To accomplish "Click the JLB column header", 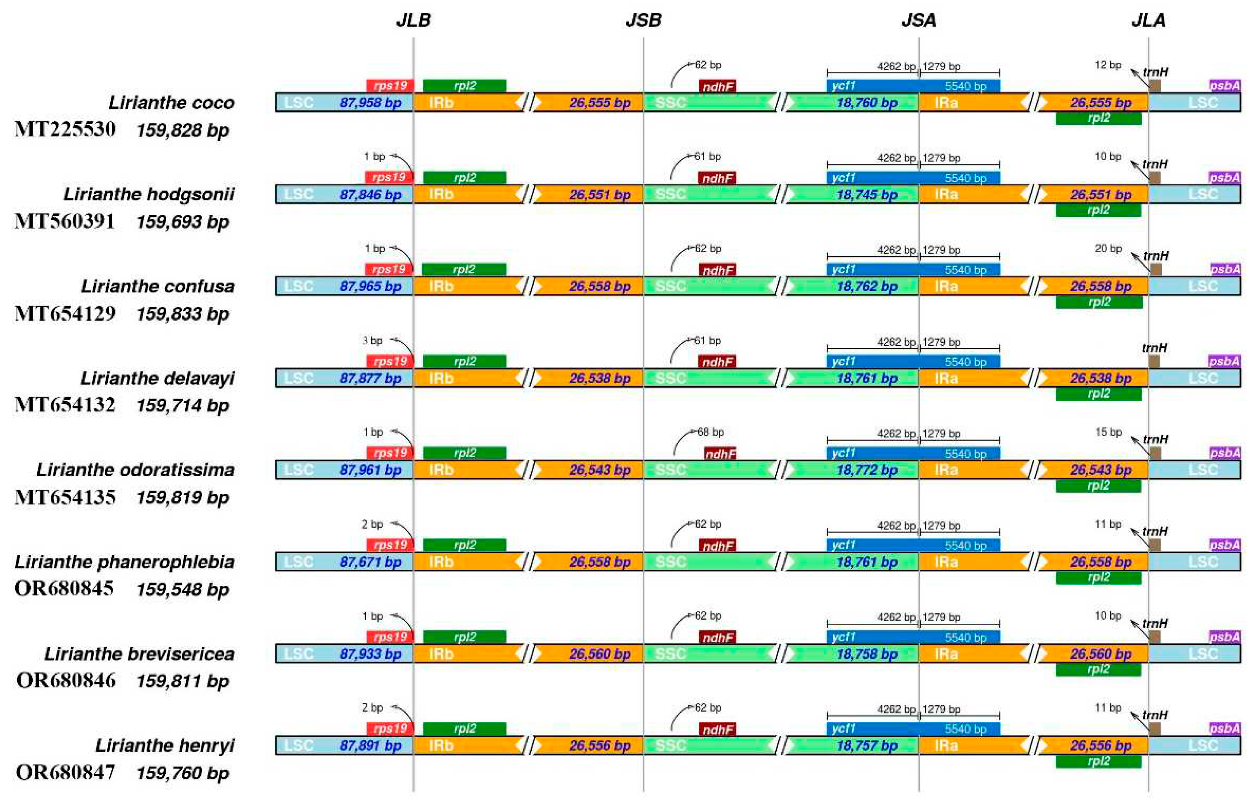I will (x=413, y=20).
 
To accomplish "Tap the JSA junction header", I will (x=918, y=20).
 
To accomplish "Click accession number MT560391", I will (x=65, y=221).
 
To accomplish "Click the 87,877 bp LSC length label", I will (x=370, y=378).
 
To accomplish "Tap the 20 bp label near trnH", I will (x=1108, y=249).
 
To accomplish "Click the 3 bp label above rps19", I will (x=372, y=340).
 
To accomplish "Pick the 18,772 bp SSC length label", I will (x=867, y=470).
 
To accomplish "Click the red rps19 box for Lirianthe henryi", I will (x=390, y=729).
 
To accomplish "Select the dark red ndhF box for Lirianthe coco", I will (x=717, y=86).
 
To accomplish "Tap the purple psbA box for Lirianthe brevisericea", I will (x=1224, y=637).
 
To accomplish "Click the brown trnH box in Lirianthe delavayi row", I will (x=1154, y=361).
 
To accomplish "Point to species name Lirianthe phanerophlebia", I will (x=124, y=561).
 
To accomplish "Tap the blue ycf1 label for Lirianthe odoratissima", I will (x=844, y=452).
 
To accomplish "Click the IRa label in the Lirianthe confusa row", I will (x=945, y=286).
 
